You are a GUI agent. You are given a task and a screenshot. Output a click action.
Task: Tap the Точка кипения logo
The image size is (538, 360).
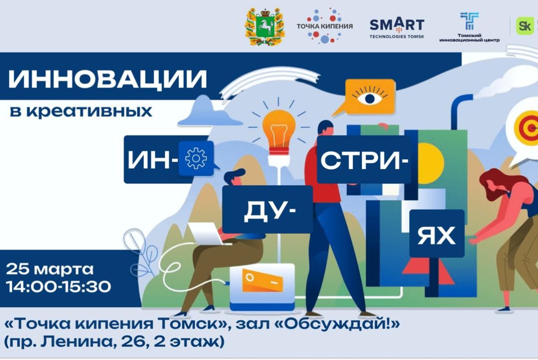coord(324,25)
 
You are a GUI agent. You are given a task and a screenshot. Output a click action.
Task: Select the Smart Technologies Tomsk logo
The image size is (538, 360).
coord(396,27)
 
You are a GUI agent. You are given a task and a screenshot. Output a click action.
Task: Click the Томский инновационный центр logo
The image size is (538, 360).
coord(469,27)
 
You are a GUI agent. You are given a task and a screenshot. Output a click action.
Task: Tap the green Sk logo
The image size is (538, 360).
coord(524,26)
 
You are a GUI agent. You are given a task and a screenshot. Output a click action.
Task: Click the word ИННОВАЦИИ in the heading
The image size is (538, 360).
coord(108,80)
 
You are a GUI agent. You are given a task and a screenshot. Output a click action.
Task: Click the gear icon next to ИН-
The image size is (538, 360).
coord(196,158)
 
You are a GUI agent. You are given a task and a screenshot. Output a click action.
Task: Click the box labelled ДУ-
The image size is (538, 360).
coord(267,210)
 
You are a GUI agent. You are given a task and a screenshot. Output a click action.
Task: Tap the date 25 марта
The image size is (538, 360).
coord(50,269)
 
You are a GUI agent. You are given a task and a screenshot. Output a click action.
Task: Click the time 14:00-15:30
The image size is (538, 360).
coord(59,286)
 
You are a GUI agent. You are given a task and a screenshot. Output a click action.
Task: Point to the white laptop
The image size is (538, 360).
coord(206,232)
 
